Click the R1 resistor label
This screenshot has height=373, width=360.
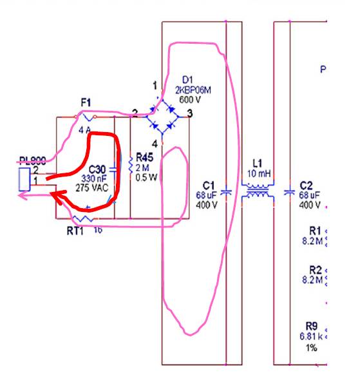315,229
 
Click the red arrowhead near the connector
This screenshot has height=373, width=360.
59,198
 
